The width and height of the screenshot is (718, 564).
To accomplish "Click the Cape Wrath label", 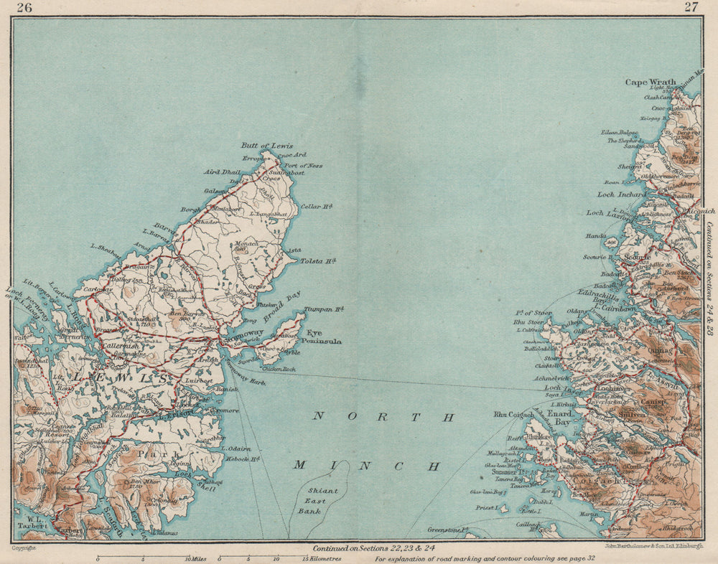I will [651, 83].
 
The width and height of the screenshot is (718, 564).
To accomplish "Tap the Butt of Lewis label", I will [267, 146].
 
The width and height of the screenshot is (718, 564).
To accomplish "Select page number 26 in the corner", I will [25, 7].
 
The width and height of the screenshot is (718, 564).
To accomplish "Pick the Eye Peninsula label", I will [324, 337].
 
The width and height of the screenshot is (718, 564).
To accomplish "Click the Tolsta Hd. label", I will [318, 260].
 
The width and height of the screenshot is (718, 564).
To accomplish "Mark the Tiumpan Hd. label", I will [325, 310].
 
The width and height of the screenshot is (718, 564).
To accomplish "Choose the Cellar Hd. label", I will [317, 207].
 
